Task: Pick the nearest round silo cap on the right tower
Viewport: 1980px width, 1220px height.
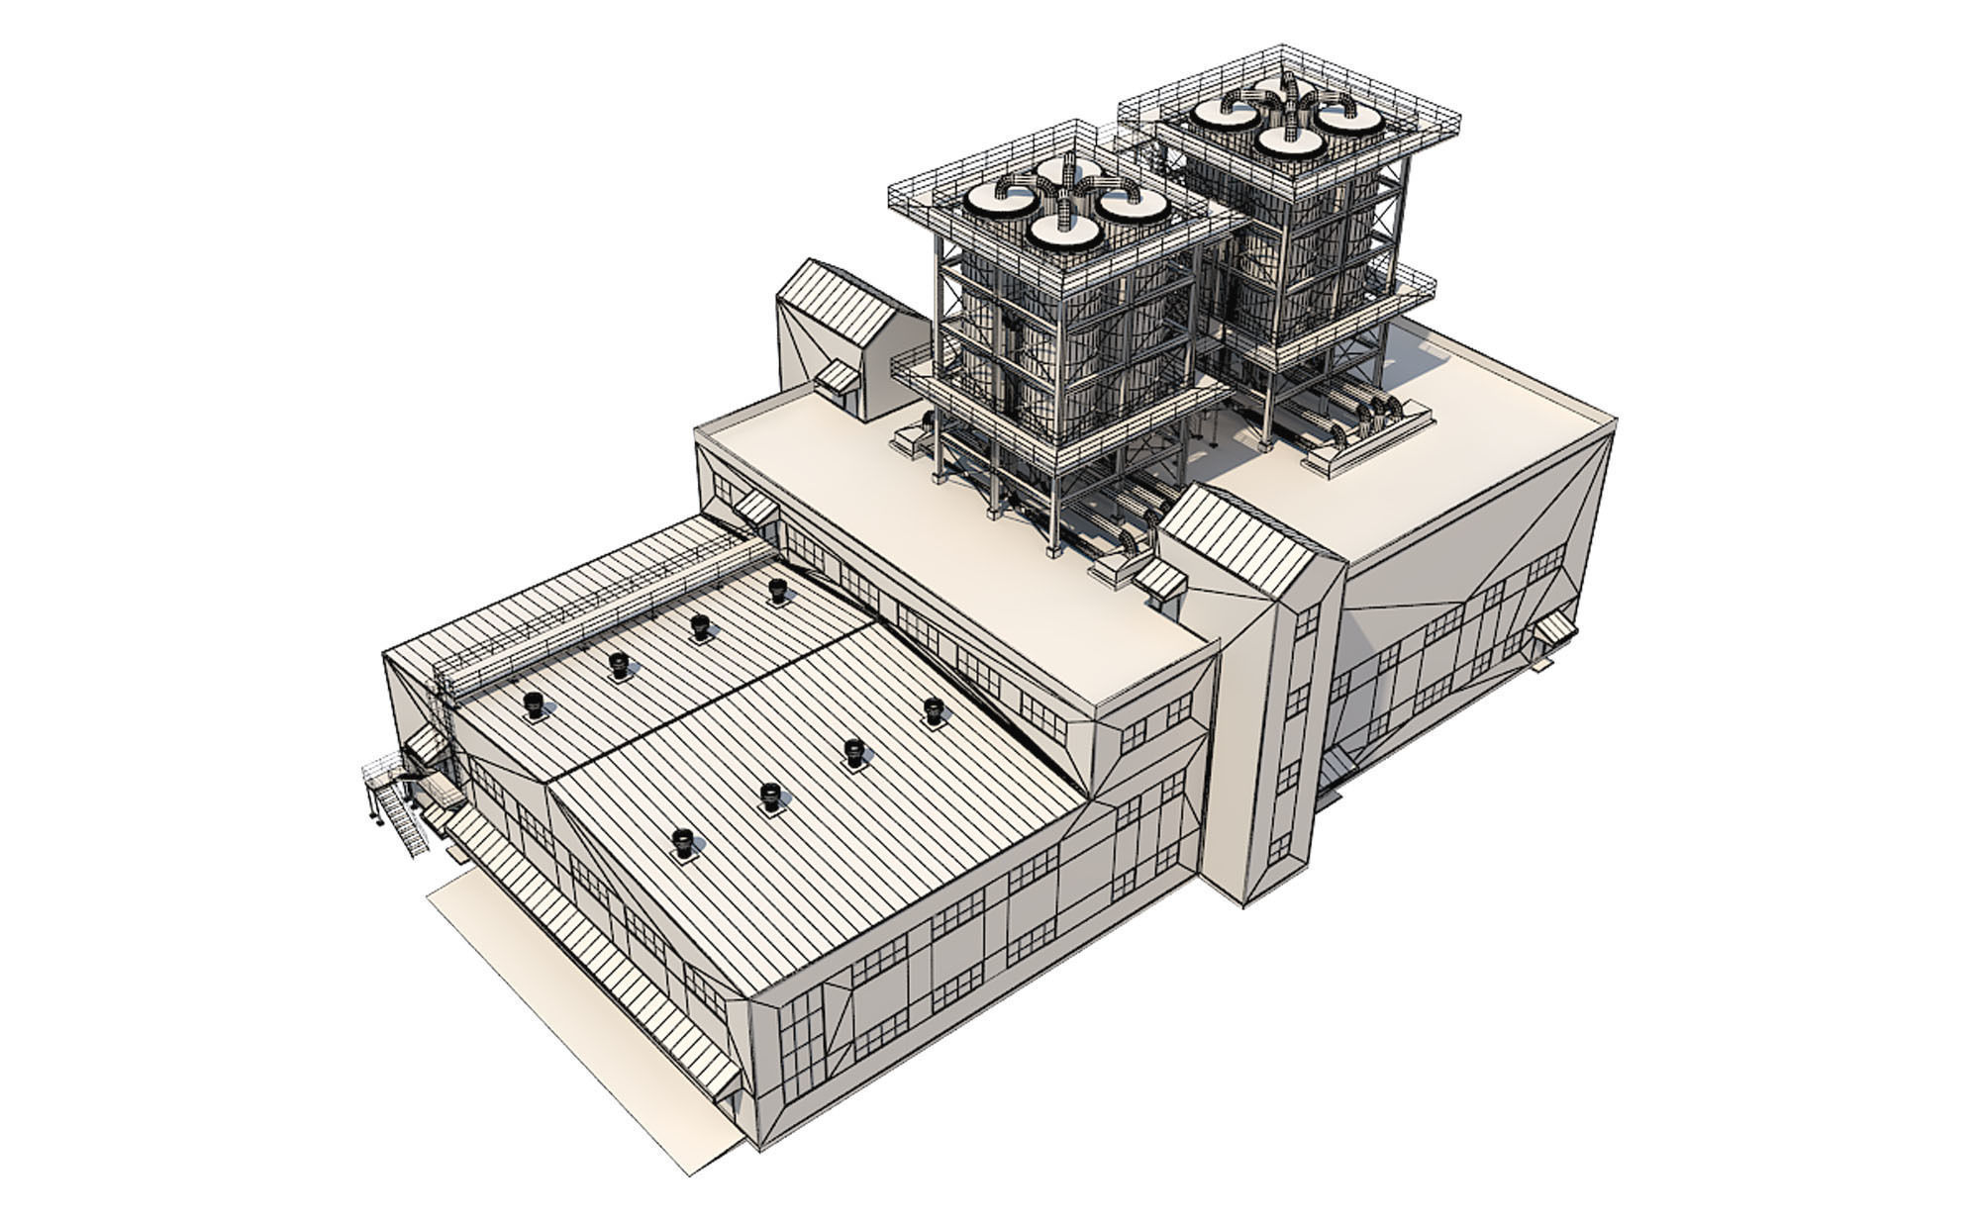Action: click(x=1291, y=141)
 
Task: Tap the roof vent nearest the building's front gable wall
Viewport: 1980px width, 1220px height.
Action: click(x=682, y=842)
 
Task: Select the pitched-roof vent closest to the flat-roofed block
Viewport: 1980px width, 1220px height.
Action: click(x=934, y=710)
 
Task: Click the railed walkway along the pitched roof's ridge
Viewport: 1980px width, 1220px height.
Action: click(x=594, y=613)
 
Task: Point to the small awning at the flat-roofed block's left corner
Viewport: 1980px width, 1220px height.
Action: click(x=754, y=507)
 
